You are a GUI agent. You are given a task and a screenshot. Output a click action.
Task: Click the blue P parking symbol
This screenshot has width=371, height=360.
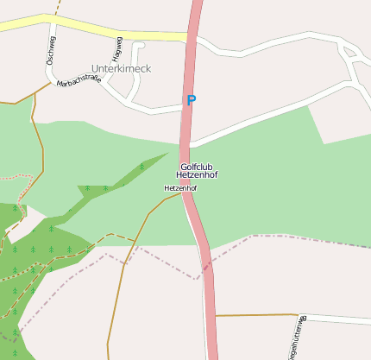pyautogui.click(x=191, y=100)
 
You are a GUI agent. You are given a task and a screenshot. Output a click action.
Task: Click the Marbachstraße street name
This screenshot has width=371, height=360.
pyautogui.click(x=79, y=83)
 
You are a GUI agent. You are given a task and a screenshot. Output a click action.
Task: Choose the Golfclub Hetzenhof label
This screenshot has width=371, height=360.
pyautogui.click(x=198, y=170)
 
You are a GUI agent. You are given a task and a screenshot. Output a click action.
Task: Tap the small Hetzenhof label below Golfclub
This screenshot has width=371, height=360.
pyautogui.click(x=180, y=187)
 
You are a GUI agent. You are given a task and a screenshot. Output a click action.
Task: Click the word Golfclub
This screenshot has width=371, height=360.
pyautogui.click(x=198, y=166)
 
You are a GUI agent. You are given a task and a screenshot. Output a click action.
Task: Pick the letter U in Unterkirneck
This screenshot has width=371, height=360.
pyautogui.click(x=94, y=67)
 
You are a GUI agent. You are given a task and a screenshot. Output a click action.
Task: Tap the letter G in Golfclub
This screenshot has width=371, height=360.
pyautogui.click(x=183, y=166)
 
